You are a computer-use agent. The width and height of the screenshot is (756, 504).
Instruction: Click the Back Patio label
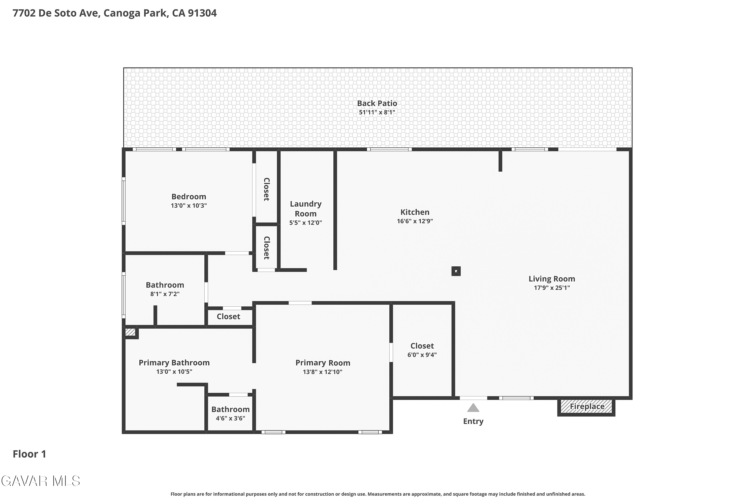(x=377, y=103)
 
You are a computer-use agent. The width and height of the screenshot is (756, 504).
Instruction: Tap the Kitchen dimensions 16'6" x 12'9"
(x=415, y=221)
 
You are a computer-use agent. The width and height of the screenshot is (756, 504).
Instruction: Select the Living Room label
(x=552, y=279)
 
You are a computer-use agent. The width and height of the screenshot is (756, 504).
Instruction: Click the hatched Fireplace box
(x=586, y=407)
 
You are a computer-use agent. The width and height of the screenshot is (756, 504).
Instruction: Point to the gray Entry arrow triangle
(x=473, y=408)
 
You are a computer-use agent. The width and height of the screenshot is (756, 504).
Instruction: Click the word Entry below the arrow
(x=473, y=421)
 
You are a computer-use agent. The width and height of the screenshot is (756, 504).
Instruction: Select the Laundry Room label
(x=306, y=209)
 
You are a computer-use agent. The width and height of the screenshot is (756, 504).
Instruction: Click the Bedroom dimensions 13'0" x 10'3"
(x=189, y=206)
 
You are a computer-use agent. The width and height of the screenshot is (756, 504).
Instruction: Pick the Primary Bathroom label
(x=174, y=363)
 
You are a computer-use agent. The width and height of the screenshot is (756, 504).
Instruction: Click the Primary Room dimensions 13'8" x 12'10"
(x=322, y=372)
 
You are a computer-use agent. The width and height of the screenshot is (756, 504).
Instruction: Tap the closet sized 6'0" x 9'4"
(x=422, y=350)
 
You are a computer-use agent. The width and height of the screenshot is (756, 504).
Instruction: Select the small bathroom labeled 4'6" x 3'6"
(x=231, y=413)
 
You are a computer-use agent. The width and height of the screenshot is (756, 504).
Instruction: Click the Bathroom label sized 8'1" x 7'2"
(x=165, y=285)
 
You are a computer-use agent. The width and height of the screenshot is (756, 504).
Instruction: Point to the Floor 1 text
(x=29, y=454)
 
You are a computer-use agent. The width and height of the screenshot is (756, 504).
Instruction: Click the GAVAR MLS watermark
(x=41, y=481)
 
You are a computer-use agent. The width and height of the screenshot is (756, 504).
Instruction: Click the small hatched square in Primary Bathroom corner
(x=130, y=332)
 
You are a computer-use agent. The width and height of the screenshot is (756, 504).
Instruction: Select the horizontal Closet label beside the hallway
(x=228, y=317)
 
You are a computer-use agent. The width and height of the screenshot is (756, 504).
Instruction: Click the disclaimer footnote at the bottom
(x=378, y=494)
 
